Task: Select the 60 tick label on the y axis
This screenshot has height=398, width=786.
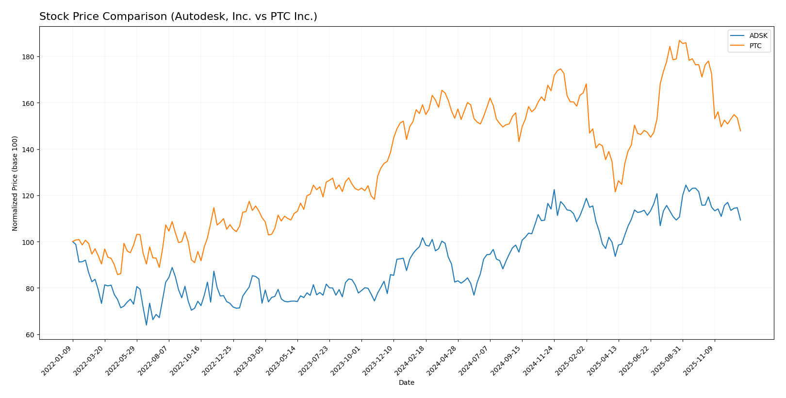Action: tap(30, 335)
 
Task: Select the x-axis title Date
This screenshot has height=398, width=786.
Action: tap(406, 383)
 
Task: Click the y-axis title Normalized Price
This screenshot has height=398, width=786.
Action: tap(15, 183)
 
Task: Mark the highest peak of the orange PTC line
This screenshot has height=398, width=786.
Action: tap(679, 40)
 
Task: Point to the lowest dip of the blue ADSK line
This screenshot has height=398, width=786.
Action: tap(146, 325)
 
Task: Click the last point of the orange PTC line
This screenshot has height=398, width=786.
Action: tap(740, 131)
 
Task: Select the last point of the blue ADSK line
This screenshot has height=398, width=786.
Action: tap(740, 220)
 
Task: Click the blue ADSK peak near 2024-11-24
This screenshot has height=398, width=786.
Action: tap(554, 190)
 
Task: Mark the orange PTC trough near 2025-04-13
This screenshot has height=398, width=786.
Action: tap(615, 192)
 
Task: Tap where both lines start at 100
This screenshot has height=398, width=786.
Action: tap(73, 242)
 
